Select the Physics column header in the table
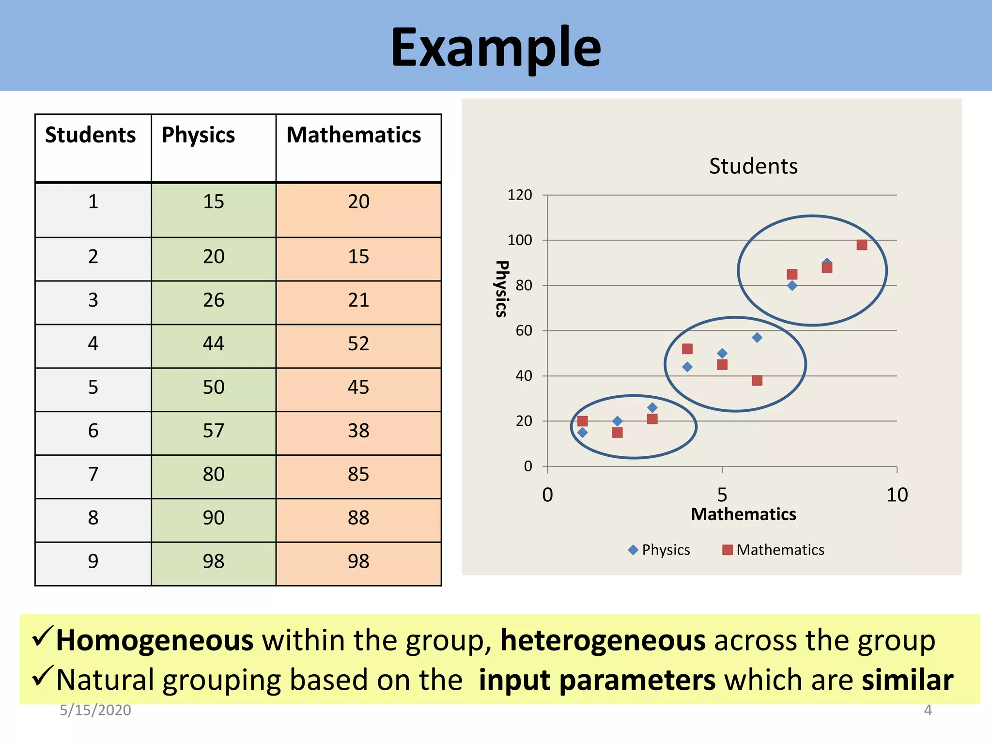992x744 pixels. click(x=198, y=135)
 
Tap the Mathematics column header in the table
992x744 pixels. click(x=354, y=135)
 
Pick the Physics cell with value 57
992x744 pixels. click(x=214, y=431)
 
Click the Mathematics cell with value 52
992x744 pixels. click(x=358, y=344)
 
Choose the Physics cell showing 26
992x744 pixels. click(x=214, y=300)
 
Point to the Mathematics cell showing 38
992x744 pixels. click(x=358, y=431)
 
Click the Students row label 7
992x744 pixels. click(x=93, y=474)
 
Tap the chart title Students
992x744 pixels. click(x=753, y=166)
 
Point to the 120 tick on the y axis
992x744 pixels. click(x=519, y=195)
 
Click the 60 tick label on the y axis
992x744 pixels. click(x=524, y=331)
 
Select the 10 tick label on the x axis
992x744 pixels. click(x=897, y=495)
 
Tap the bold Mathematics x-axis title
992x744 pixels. click(x=743, y=514)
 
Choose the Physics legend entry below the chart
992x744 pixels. click(x=659, y=550)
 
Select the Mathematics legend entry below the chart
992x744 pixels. click(x=774, y=550)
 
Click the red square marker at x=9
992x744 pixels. click(x=862, y=245)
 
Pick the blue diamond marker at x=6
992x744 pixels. click(x=757, y=338)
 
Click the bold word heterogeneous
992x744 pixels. click(x=603, y=640)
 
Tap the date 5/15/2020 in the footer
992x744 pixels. click(x=95, y=710)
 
